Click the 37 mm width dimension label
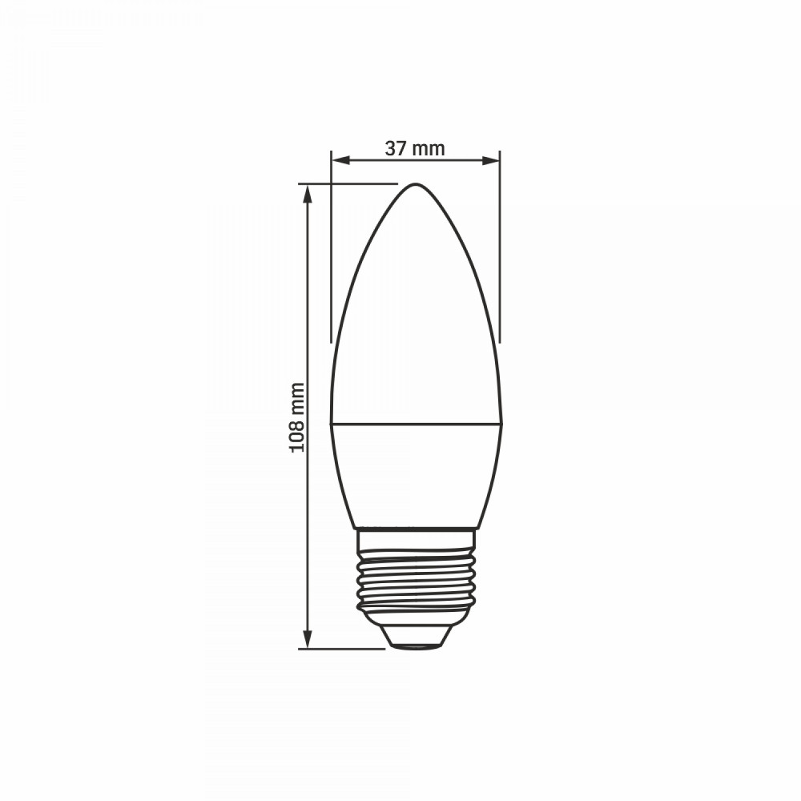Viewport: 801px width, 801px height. click(x=415, y=149)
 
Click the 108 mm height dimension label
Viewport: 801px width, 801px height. click(x=297, y=417)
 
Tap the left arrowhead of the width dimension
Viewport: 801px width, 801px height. click(x=340, y=161)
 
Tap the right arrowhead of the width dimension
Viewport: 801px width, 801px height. click(x=490, y=161)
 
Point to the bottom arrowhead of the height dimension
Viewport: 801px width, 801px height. click(x=307, y=639)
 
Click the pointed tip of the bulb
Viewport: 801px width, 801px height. click(x=416, y=184)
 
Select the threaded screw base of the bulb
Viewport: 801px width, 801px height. click(x=416, y=582)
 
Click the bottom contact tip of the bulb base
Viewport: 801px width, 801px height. click(x=415, y=646)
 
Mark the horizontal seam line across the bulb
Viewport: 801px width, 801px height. click(x=416, y=423)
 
